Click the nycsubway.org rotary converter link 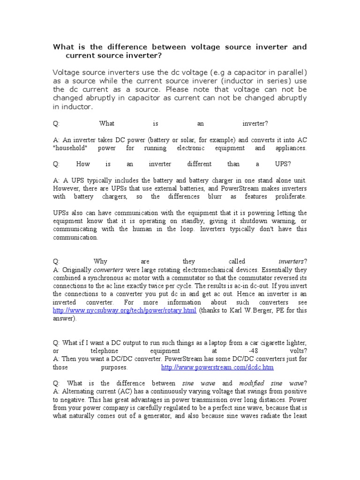click(x=124, y=310)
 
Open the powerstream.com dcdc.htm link click(x=217, y=367)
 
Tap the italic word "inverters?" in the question click(x=292, y=262)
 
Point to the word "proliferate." click(x=291, y=196)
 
